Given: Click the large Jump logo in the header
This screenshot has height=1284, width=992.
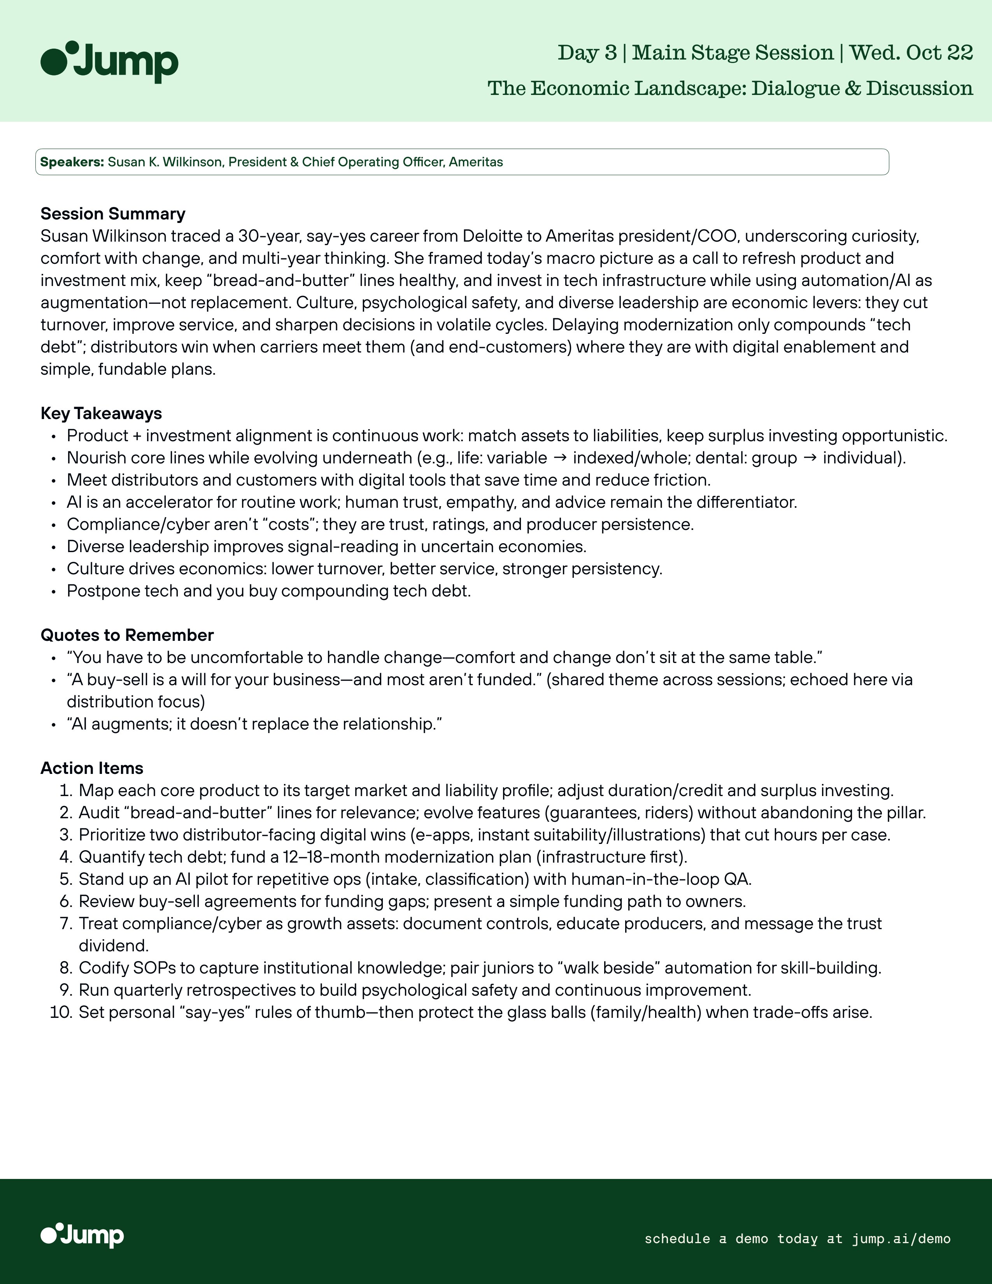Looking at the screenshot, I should [x=109, y=62].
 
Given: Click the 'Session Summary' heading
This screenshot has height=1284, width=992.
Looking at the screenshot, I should [x=113, y=213].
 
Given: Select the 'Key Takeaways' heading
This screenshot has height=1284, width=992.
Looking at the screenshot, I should [x=101, y=413].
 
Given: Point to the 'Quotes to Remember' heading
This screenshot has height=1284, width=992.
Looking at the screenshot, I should [x=127, y=635].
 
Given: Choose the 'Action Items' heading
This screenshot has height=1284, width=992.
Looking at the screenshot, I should [x=92, y=768].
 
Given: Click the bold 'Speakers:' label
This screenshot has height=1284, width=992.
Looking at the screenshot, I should [x=72, y=162].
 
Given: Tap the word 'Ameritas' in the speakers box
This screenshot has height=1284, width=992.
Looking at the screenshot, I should [x=476, y=162].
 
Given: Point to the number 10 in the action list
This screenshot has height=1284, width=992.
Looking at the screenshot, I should [x=61, y=1012].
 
